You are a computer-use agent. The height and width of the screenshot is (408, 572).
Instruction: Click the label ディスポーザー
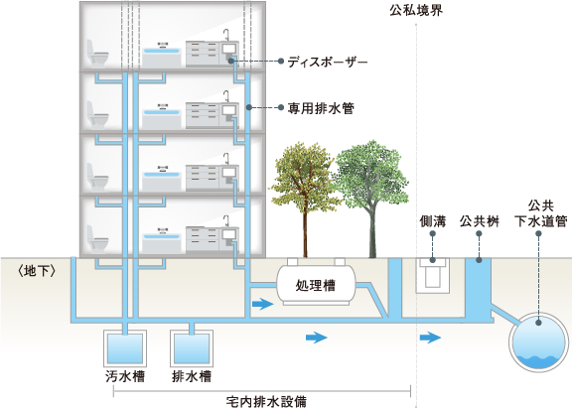[x=328, y=62]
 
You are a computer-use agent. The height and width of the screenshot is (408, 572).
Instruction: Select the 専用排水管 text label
[x=321, y=108]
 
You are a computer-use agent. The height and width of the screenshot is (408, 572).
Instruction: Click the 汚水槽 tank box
[x=125, y=348]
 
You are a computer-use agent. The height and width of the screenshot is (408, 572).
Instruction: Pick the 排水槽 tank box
[x=192, y=348]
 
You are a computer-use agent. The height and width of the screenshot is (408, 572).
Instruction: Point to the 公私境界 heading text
[x=416, y=10]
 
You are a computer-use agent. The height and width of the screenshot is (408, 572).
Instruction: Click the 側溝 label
[x=433, y=221]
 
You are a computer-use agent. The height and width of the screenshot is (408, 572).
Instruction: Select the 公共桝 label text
[x=480, y=221]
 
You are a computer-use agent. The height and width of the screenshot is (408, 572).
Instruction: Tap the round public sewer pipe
[x=538, y=342]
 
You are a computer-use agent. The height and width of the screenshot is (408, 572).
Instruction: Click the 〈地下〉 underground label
[x=37, y=272]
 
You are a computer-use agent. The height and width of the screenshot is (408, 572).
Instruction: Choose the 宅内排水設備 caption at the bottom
[x=266, y=401]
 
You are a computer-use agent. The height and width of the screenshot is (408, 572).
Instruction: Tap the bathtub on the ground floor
[x=162, y=241]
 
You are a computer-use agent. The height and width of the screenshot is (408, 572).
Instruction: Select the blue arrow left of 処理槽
[x=262, y=304]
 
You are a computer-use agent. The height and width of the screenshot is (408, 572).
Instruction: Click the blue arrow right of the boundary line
[x=430, y=338]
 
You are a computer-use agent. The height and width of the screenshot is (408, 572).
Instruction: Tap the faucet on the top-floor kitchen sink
[x=226, y=35]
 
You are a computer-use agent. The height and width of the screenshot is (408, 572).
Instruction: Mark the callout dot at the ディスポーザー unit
[x=231, y=61]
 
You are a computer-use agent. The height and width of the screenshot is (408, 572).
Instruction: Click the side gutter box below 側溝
[x=433, y=275]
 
